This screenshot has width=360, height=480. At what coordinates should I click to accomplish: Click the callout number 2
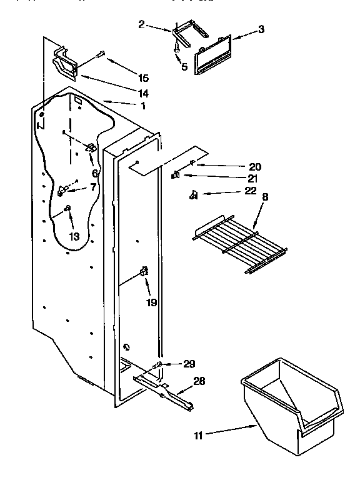click(x=141, y=24)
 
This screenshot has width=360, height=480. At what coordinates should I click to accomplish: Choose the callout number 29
click(x=190, y=364)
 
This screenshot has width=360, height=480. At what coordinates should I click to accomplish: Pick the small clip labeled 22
click(x=194, y=196)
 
